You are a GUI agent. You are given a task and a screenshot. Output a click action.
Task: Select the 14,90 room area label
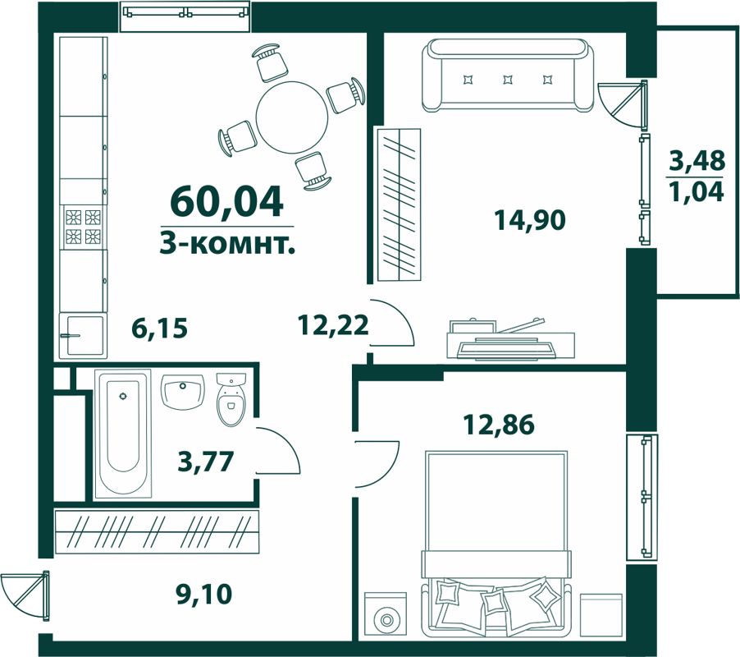tap(530, 220)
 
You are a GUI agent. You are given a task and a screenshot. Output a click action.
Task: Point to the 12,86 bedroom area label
tap(498, 425)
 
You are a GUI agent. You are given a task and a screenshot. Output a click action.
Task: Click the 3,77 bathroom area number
tap(207, 462)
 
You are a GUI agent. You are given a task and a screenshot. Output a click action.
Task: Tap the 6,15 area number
tap(160, 328)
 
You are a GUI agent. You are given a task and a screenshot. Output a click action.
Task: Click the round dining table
tap(292, 116)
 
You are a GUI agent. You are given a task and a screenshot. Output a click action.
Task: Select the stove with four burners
tap(83, 227)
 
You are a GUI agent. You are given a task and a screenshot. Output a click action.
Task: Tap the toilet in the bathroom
tap(231, 401)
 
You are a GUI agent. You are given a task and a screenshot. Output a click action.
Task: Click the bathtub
tap(123, 434)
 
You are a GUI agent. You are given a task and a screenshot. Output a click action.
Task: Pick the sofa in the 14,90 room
tap(508, 78)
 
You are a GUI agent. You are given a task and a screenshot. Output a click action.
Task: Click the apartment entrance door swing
tap(25, 594)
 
